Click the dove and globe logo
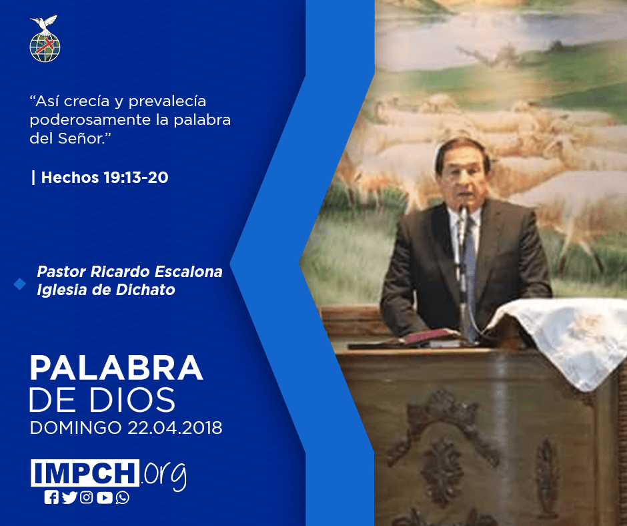click(45, 39)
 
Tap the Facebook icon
click(51, 497)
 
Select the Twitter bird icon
click(69, 497)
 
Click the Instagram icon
click(86, 497)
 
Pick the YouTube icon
click(104, 497)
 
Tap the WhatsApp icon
click(122, 497)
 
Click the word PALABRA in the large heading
click(116, 368)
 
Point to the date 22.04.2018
click(175, 428)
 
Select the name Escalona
click(188, 272)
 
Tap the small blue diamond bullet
click(19, 284)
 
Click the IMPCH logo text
click(85, 473)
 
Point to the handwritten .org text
click(163, 475)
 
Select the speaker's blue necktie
click(470, 272)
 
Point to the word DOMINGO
click(75, 428)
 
